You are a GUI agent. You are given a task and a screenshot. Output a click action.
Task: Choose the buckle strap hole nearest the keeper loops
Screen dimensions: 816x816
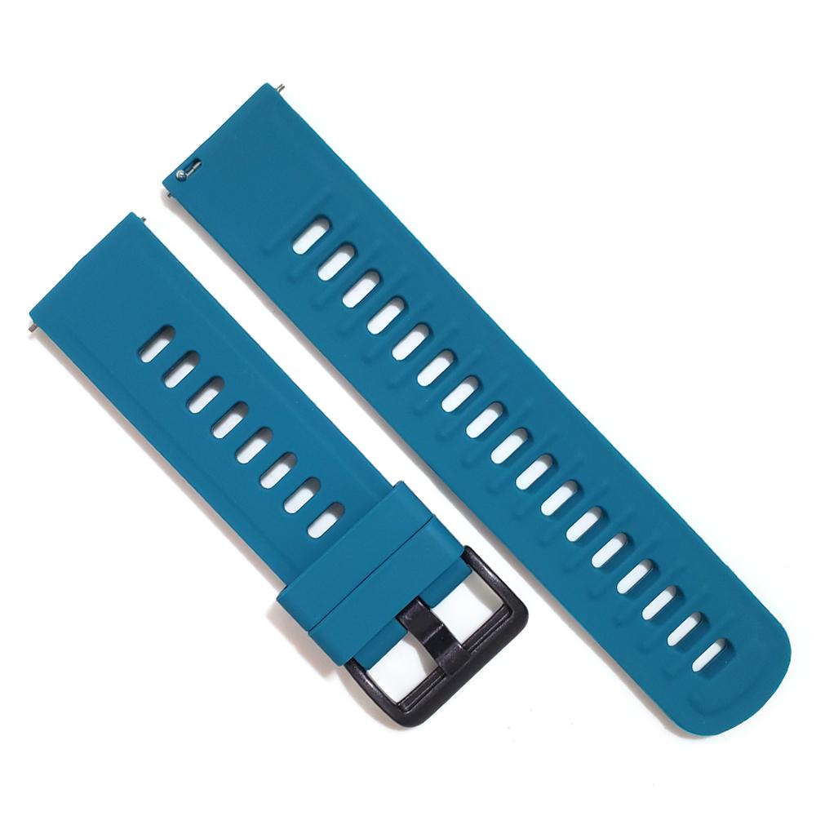(326, 520)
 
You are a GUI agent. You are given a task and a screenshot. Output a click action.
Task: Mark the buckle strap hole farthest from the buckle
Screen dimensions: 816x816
(155, 343)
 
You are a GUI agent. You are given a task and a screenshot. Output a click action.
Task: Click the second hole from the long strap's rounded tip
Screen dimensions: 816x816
(685, 629)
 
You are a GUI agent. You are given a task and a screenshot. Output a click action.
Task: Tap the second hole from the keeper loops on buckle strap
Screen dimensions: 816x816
(302, 495)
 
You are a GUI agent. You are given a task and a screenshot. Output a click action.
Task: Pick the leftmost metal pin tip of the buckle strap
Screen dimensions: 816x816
(29, 324)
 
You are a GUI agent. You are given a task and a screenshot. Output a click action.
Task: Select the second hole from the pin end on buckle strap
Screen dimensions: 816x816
(180, 369)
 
